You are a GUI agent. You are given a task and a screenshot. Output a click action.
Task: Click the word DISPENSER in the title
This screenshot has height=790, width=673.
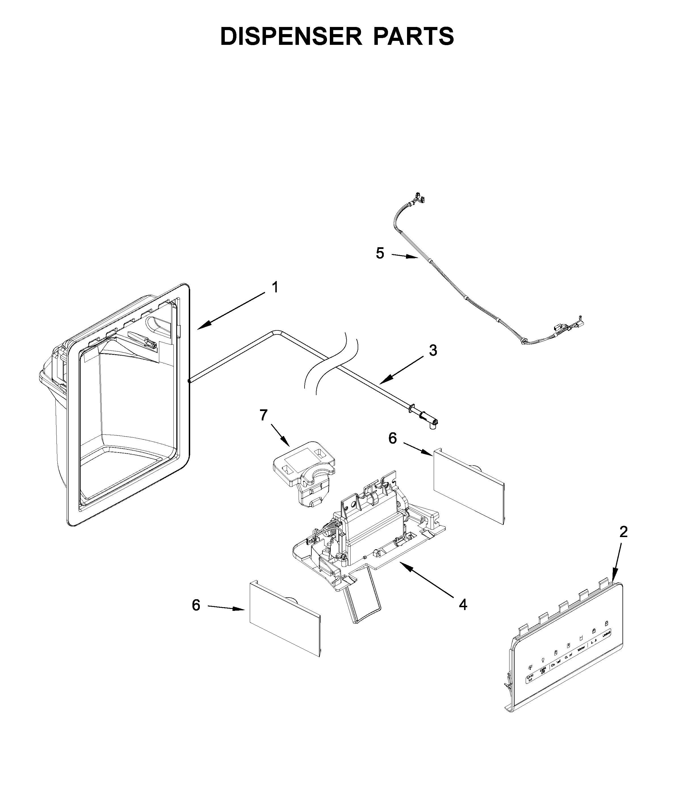pos(291,37)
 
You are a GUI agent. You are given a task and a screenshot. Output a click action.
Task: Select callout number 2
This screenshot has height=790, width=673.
pos(623,532)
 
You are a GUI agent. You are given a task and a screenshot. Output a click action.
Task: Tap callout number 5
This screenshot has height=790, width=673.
pos(380,253)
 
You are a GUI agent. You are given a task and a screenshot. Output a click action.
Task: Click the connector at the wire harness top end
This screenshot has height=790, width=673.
pos(420,197)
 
